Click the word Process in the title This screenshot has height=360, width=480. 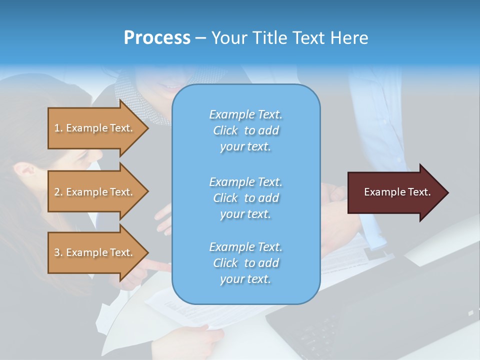point(157,38)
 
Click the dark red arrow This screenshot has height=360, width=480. point(395,192)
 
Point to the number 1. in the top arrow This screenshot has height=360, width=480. point(58,128)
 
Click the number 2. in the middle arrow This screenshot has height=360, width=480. point(58,192)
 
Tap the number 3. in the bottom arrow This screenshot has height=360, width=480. point(58,252)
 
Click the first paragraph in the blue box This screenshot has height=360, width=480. point(245,130)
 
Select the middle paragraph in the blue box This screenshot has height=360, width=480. point(245,197)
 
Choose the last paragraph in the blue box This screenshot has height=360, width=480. point(245,263)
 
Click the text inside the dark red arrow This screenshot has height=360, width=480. point(397,192)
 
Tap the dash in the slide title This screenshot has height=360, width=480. point(200,38)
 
